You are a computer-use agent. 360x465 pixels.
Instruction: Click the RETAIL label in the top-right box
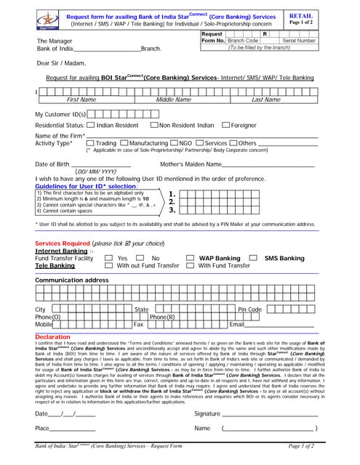point(300,15)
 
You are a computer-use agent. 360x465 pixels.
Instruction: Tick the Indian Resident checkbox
point(80,125)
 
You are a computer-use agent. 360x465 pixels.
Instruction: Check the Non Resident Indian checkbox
point(153,125)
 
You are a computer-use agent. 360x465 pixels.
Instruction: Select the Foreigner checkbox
point(225,125)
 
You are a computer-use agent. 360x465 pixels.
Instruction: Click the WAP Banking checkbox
point(191,258)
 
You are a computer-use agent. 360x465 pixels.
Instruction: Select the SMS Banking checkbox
point(253,258)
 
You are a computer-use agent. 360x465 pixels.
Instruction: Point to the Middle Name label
point(173,100)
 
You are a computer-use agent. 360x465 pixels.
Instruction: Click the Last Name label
point(265,100)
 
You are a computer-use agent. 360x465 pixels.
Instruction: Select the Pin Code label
point(249,310)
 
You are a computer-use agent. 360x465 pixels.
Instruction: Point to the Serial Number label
point(298,41)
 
